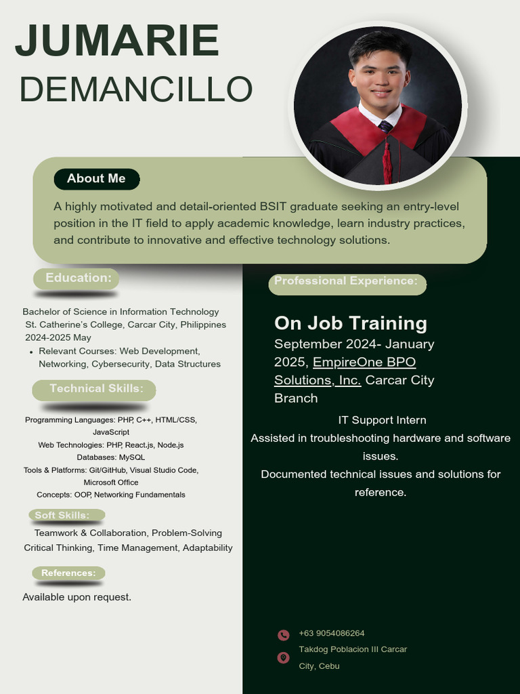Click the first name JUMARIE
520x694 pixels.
pyautogui.click(x=117, y=41)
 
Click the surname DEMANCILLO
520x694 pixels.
pyautogui.click(x=135, y=89)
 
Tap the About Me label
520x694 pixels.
pyautogui.click(x=96, y=179)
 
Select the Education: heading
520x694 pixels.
pyautogui.click(x=78, y=278)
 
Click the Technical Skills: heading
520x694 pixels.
pyautogui.click(x=95, y=389)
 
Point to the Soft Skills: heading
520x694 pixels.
pyautogui.click(x=62, y=516)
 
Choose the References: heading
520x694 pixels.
pyautogui.click(x=68, y=573)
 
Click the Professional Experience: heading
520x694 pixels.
pyautogui.click(x=346, y=281)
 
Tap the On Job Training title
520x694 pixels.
pyautogui.click(x=350, y=323)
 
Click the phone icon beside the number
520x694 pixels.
pyautogui.click(x=283, y=635)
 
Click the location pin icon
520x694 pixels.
pyautogui.click(x=283, y=657)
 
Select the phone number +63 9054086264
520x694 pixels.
pyautogui.click(x=332, y=634)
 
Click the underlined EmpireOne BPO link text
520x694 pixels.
pyautogui.click(x=364, y=363)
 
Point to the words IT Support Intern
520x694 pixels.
pyautogui.click(x=382, y=420)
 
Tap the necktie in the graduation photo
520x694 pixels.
pyautogui.click(x=385, y=126)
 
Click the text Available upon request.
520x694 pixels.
pyautogui.click(x=77, y=597)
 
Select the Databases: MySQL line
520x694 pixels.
pyautogui.click(x=110, y=457)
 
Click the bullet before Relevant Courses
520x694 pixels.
pyautogui.click(x=32, y=352)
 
